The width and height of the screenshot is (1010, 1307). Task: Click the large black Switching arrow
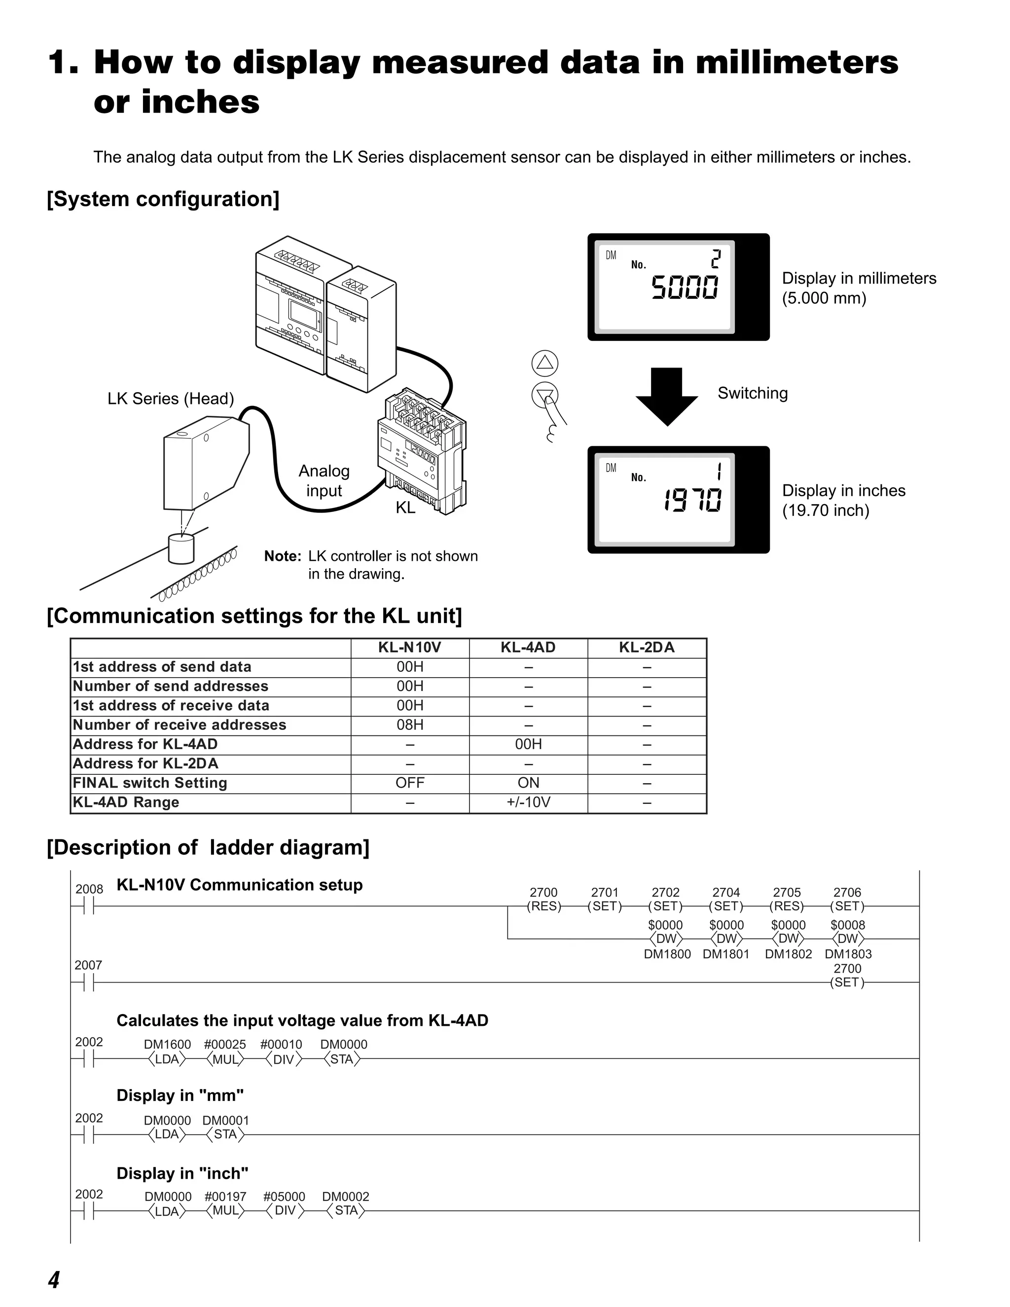pyautogui.click(x=667, y=396)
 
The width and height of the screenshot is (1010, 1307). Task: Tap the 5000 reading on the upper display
pyautogui.click(x=685, y=287)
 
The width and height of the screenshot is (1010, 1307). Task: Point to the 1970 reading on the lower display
pyautogui.click(x=692, y=500)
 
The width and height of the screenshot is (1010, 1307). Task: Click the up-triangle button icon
pyautogui.click(x=544, y=363)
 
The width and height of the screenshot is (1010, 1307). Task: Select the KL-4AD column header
pyautogui.click(x=528, y=648)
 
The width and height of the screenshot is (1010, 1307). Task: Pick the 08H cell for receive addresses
pyautogui.click(x=410, y=725)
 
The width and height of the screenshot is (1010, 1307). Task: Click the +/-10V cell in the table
pyautogui.click(x=528, y=802)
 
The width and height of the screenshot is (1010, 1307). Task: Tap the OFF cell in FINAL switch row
pyautogui.click(x=410, y=783)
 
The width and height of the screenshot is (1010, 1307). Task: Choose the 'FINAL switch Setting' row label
pyautogui.click(x=149, y=783)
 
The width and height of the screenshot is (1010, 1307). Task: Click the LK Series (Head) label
pyautogui.click(x=171, y=399)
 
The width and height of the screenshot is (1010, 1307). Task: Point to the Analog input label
pyautogui.click(x=324, y=480)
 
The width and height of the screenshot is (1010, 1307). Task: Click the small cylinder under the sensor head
pyautogui.click(x=181, y=549)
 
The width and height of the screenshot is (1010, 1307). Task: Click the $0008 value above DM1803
pyautogui.click(x=847, y=925)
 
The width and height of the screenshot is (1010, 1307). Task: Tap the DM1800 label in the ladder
pyautogui.click(x=667, y=954)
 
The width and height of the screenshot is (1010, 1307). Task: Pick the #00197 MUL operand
pyautogui.click(x=225, y=1197)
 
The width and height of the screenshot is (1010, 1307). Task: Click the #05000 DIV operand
pyautogui.click(x=284, y=1197)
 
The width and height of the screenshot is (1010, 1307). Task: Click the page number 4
pyautogui.click(x=54, y=1279)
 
